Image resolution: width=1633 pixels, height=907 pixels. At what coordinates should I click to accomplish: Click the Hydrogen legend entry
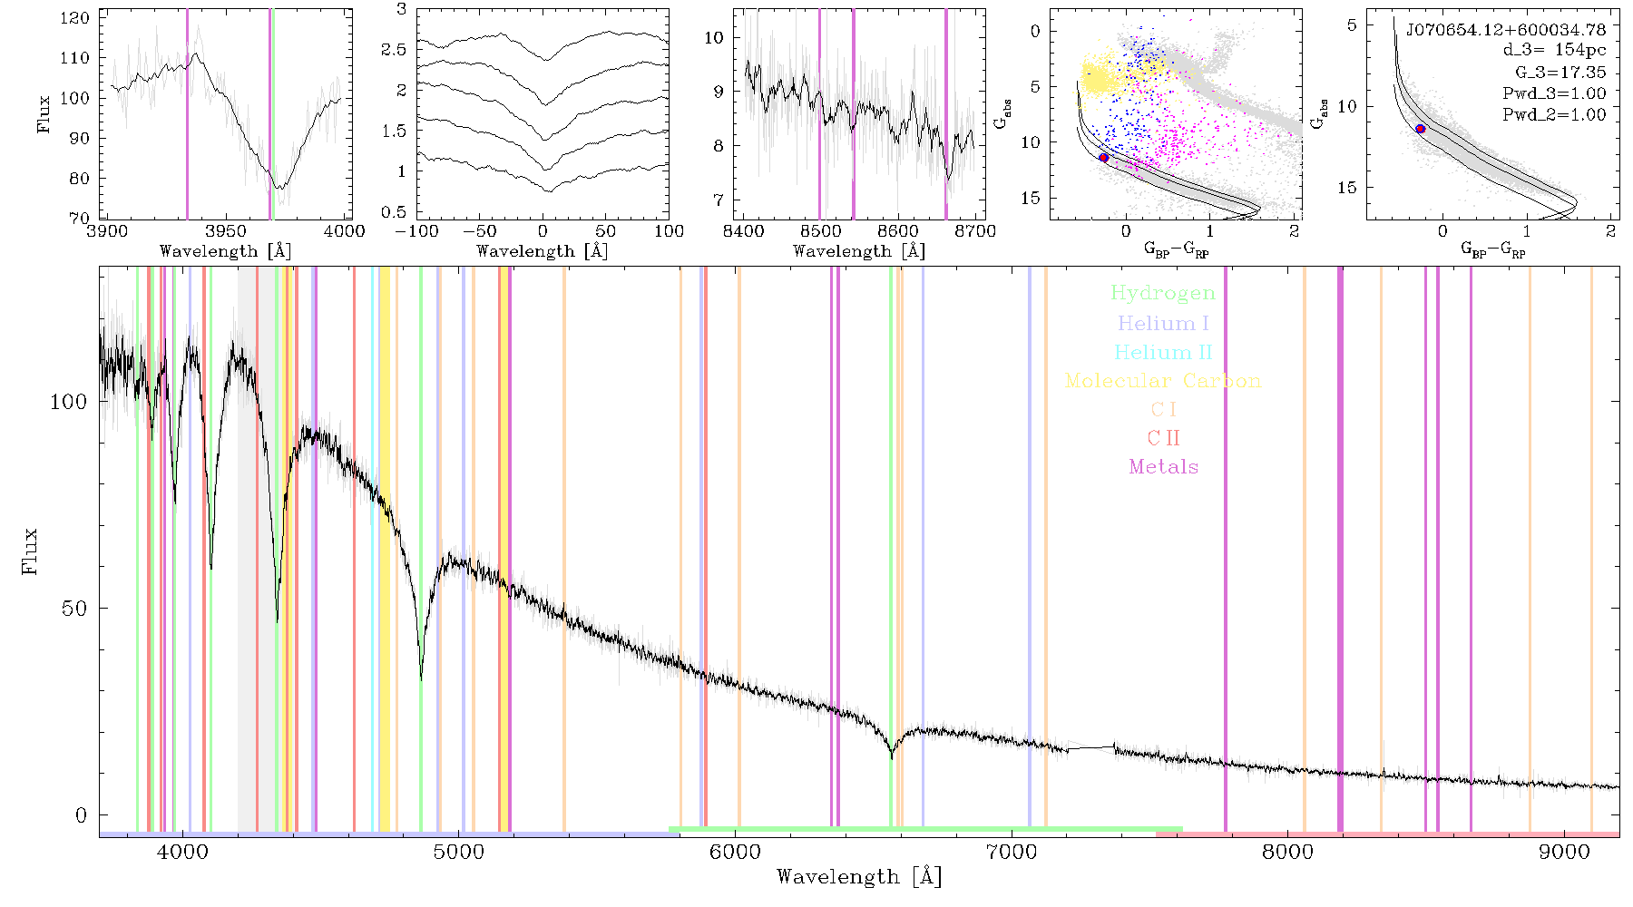point(1163,293)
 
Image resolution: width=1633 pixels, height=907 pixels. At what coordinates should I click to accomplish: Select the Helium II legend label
point(1163,352)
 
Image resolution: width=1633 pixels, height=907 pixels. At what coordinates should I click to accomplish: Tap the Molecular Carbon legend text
point(1163,381)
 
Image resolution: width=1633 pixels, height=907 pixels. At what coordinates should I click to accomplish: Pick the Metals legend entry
point(1164,467)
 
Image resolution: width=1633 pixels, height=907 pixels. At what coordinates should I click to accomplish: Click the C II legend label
point(1164,438)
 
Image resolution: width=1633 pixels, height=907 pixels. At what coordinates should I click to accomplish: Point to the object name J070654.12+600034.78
point(1506,30)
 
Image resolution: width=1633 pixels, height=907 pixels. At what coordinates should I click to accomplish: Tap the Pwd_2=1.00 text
point(1554,114)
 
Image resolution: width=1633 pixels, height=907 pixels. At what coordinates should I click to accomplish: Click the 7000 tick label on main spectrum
point(1012,852)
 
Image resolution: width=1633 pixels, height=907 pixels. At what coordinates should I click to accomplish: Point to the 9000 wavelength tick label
point(1564,852)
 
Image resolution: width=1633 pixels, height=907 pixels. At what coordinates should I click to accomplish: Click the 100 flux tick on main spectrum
point(69,401)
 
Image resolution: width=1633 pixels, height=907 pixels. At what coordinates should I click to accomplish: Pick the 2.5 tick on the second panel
point(394,49)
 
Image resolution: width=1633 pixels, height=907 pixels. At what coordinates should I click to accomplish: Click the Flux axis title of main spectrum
point(30,551)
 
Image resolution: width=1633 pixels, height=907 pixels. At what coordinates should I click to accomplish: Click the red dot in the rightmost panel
point(1421,129)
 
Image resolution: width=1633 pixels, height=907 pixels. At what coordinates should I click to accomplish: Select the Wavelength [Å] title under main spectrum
point(859,877)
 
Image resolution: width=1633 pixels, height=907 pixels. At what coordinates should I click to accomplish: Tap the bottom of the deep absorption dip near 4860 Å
point(421,678)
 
